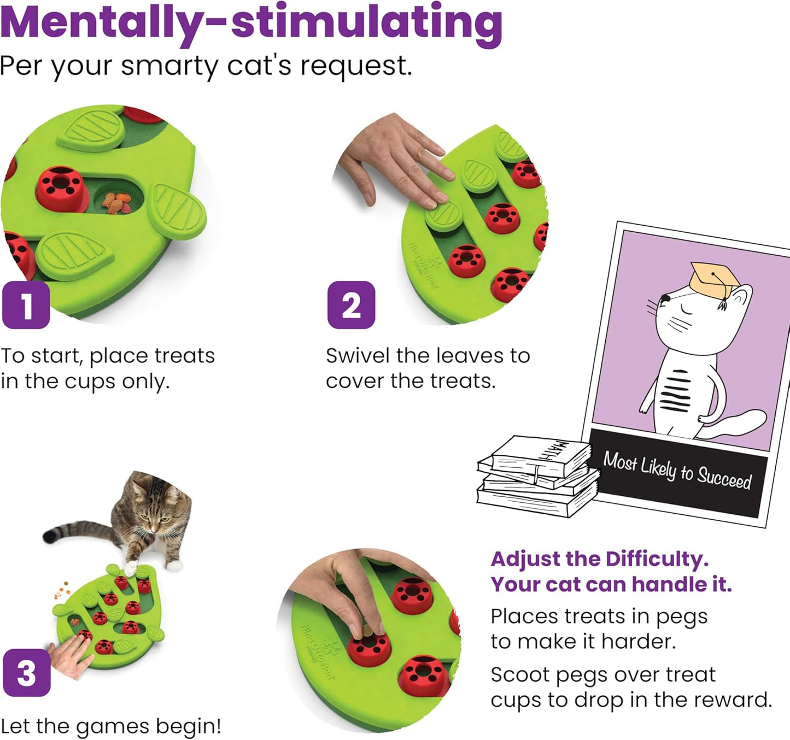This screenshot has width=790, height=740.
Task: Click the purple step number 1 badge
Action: pyautogui.click(x=26, y=304)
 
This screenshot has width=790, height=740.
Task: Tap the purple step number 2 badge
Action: pyautogui.click(x=351, y=304)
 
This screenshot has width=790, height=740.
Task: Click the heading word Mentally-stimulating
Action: pyautogui.click(x=251, y=23)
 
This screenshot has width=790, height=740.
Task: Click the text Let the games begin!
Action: pyautogui.click(x=111, y=726)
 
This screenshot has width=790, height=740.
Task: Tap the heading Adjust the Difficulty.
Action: pyautogui.click(x=599, y=559)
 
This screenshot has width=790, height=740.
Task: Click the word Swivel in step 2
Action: pyautogui.click(x=358, y=356)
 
